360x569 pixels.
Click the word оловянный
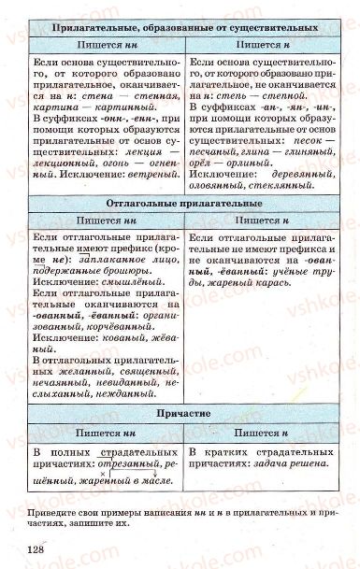tap(218, 187)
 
